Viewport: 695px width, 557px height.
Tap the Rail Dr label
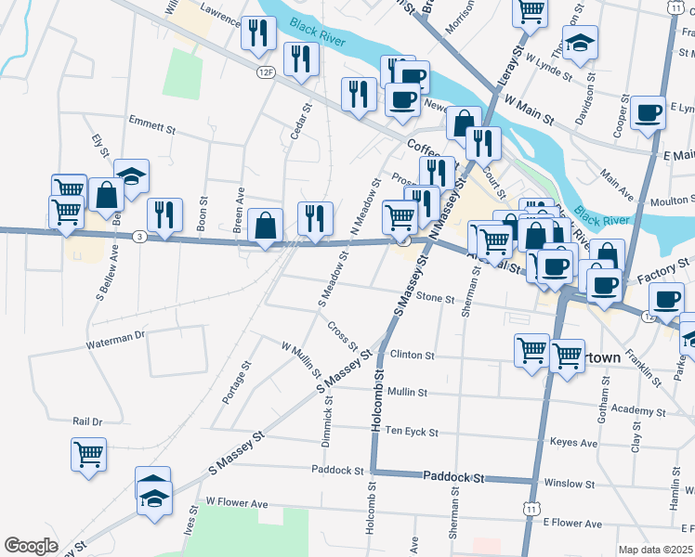[86, 421]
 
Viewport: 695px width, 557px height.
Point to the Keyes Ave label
[573, 442]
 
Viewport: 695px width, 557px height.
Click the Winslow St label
[569, 484]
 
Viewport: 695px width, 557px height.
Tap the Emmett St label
[152, 125]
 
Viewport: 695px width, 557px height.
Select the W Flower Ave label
[236, 502]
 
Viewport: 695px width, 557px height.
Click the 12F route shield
[267, 71]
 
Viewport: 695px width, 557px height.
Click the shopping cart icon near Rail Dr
[88, 455]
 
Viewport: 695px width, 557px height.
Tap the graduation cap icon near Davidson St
[581, 42]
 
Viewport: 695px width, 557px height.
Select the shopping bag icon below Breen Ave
[266, 225]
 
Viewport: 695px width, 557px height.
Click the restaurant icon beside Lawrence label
[257, 32]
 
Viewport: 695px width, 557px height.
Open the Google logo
[31, 546]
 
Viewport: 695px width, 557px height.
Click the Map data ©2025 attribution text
[655, 550]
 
